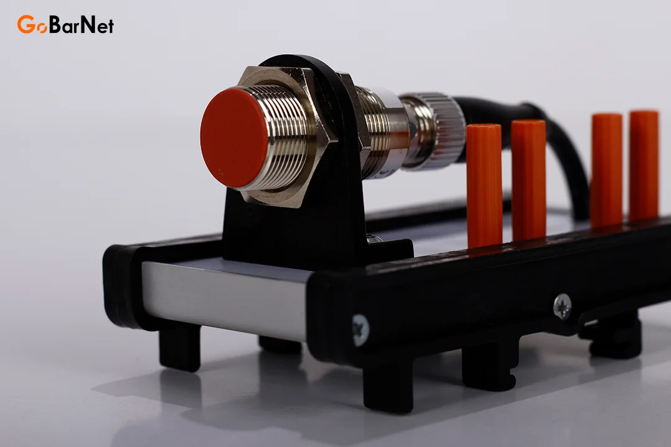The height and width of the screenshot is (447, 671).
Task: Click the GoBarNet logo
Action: (x=65, y=24)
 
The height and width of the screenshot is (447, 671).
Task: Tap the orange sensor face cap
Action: (x=234, y=138)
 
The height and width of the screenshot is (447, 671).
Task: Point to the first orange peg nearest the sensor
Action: (x=484, y=186)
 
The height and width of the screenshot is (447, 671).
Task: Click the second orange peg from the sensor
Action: (x=529, y=179)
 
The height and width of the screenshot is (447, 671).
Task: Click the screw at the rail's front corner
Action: (x=360, y=330)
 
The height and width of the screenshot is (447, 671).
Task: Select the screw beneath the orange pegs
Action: (x=562, y=305)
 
